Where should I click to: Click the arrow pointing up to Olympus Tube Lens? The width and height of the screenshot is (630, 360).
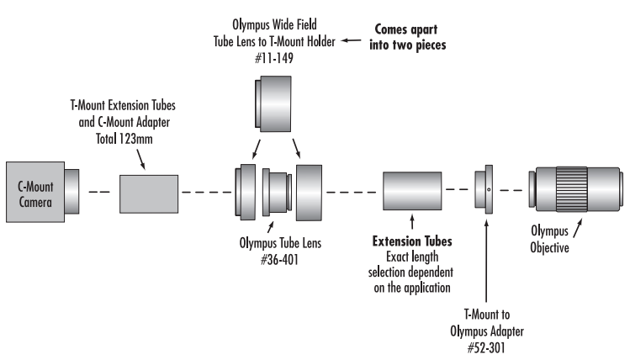coord(270,226)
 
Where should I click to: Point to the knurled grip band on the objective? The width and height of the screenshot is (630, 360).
coord(572,189)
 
